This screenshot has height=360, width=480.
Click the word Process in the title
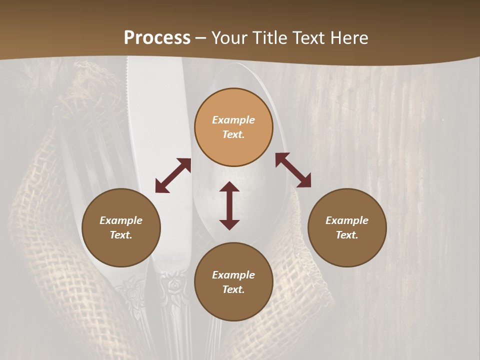tap(157, 38)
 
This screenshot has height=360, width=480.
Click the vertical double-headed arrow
tap(229, 205)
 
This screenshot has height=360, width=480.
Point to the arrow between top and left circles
tap(173, 175)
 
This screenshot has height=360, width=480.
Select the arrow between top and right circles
tap(293, 170)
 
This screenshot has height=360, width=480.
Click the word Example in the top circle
tap(233, 120)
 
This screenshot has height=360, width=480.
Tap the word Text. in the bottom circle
tap(233, 289)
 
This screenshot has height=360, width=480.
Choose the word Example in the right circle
tap(347, 220)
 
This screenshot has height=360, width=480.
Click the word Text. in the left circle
tap(121, 235)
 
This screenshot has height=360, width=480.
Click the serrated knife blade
tap(150, 125)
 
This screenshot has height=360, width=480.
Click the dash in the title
tap(201, 38)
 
